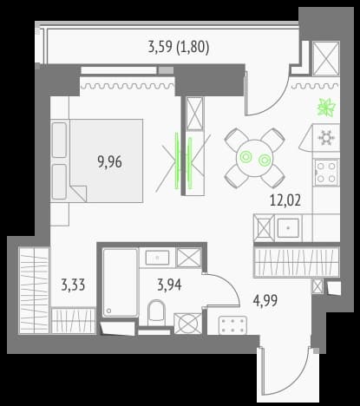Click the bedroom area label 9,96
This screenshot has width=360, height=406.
pos(110,161)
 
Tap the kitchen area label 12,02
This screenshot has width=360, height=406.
pos(285,200)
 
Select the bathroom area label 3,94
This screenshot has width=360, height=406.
pos(169,285)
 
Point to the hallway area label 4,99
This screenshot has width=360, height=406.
pos(265,300)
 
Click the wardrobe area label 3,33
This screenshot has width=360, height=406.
pos(73,285)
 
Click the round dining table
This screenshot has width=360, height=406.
pos(255,158)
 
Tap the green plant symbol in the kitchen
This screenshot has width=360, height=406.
pos(327,108)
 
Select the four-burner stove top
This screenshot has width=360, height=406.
pos(327,173)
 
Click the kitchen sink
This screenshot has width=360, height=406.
pos(288,228)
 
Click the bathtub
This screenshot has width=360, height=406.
pos(120,283)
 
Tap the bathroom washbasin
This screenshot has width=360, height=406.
pos(157,257)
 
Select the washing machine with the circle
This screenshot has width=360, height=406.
pos(187,324)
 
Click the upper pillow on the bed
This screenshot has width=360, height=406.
pos(60,140)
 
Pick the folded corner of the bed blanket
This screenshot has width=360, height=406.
pos(78,193)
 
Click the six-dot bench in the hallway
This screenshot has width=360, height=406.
pos(232,325)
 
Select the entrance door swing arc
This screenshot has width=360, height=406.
pos(292,382)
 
